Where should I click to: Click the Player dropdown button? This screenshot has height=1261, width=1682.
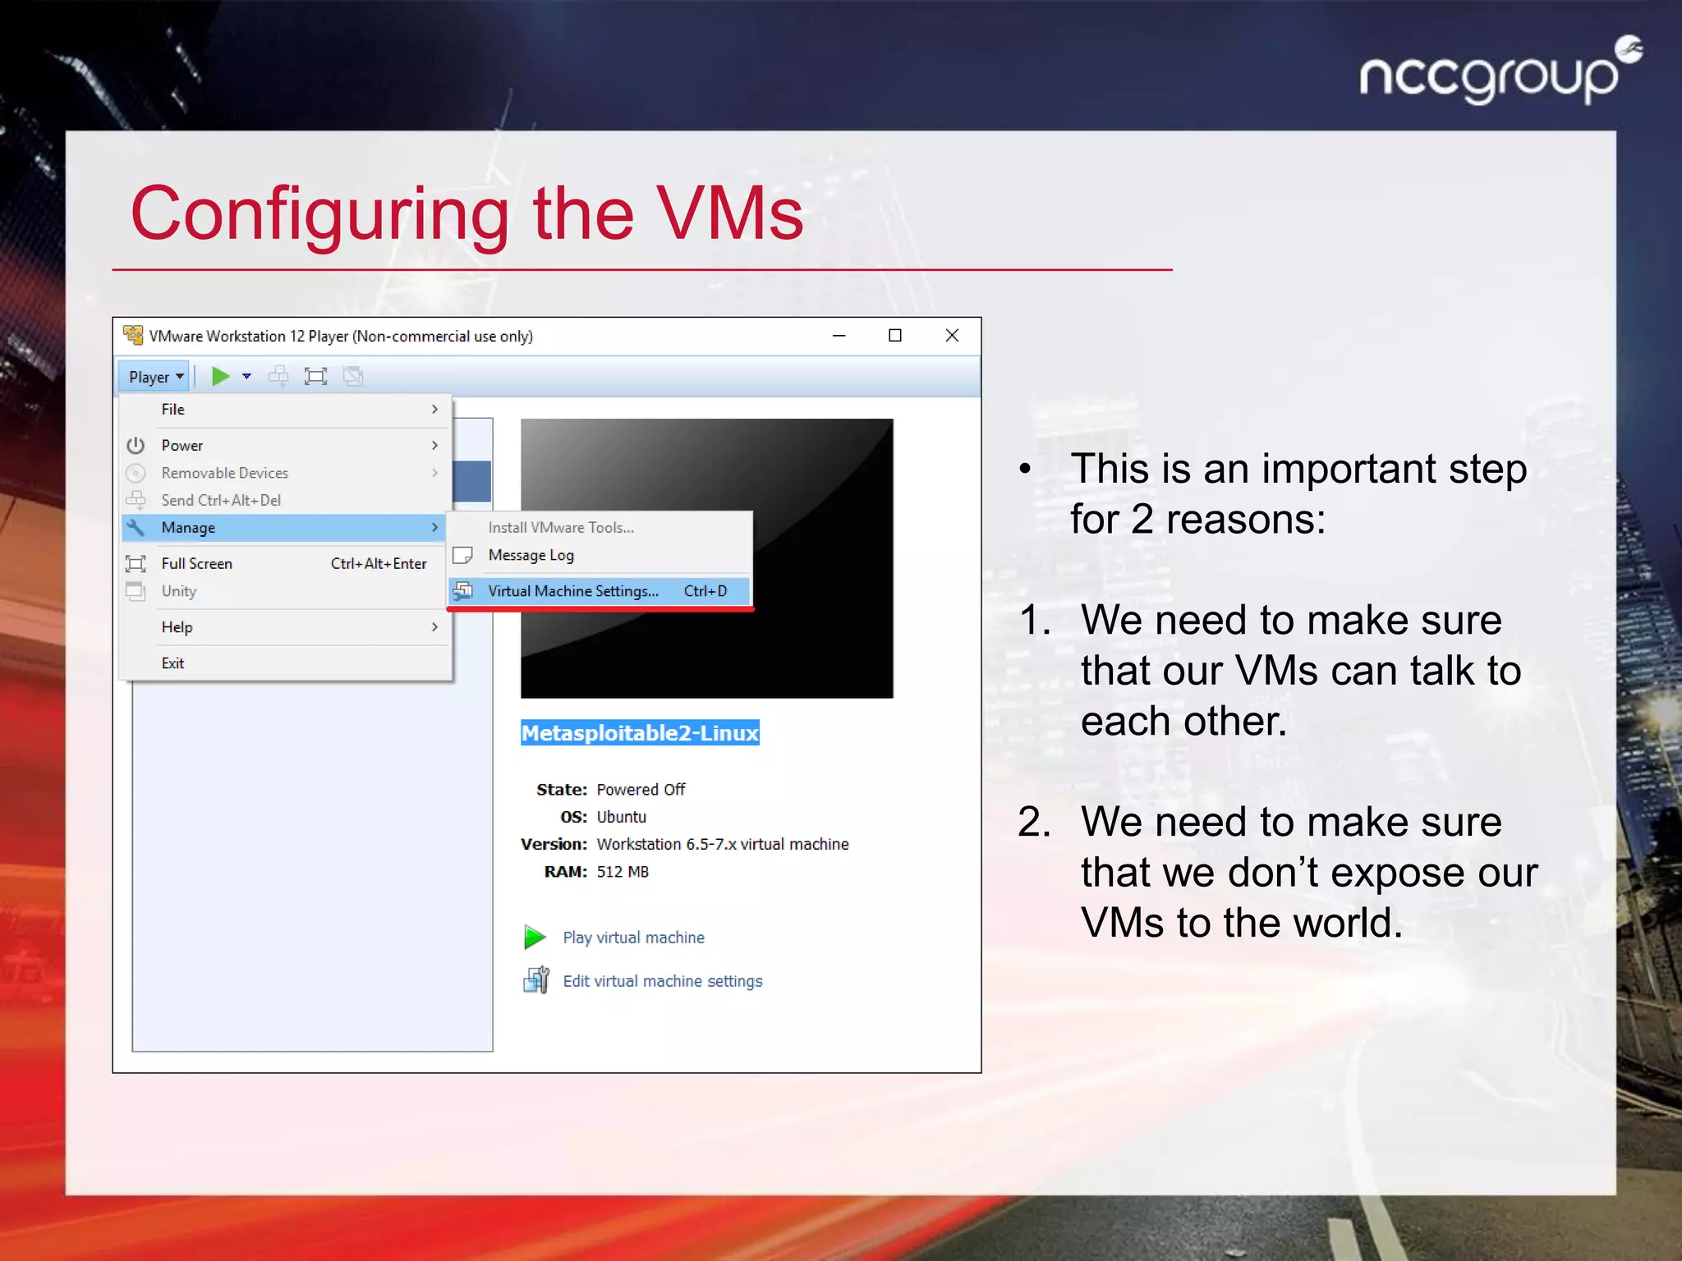tap(154, 377)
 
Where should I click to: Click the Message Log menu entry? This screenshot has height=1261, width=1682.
tap(531, 556)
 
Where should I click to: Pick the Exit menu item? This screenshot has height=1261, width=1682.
tap(172, 663)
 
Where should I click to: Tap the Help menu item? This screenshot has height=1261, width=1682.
tap(177, 627)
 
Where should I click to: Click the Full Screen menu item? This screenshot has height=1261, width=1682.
tap(197, 564)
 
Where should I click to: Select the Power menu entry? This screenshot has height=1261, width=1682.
tap(182, 446)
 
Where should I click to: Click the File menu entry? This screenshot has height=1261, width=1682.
tap(173, 410)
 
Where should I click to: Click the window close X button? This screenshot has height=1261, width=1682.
tap(952, 336)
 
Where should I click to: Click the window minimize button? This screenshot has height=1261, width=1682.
tap(839, 336)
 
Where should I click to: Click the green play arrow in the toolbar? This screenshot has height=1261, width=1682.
tap(219, 377)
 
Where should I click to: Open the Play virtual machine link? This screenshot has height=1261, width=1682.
tap(633, 938)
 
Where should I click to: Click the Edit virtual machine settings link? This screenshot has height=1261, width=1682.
tap(662, 981)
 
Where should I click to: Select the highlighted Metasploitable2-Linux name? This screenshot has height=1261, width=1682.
tap(640, 733)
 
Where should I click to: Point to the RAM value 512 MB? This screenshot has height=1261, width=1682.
tap(623, 872)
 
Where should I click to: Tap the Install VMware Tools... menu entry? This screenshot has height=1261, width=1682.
tap(561, 528)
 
